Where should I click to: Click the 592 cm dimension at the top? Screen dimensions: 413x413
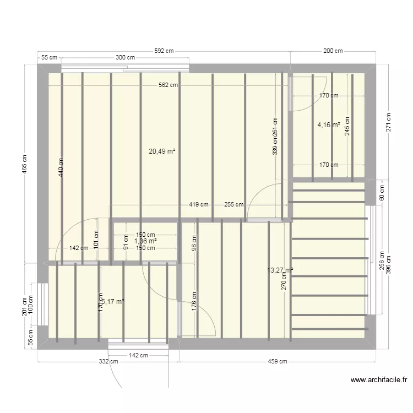point(164,51)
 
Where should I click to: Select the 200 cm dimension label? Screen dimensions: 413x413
point(332,51)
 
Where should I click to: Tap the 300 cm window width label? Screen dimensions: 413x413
point(125,57)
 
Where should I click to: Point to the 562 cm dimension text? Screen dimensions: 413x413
point(168,85)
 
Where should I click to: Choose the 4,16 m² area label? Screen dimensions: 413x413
point(328,125)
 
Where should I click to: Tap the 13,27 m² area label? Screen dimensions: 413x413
point(280,270)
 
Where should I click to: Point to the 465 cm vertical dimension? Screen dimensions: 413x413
point(24,163)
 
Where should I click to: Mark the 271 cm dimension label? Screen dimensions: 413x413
point(388,123)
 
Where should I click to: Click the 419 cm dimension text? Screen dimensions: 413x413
point(198,204)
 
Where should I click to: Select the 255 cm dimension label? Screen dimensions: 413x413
point(233,204)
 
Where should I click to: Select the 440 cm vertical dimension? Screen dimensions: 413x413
point(61,167)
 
